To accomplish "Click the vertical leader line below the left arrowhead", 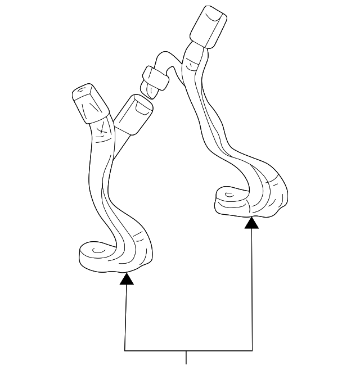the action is coord(126,315).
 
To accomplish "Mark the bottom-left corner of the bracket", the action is coord(125,350).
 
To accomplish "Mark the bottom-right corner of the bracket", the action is coord(252,350).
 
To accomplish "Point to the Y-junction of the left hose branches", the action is coord(114,135).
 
